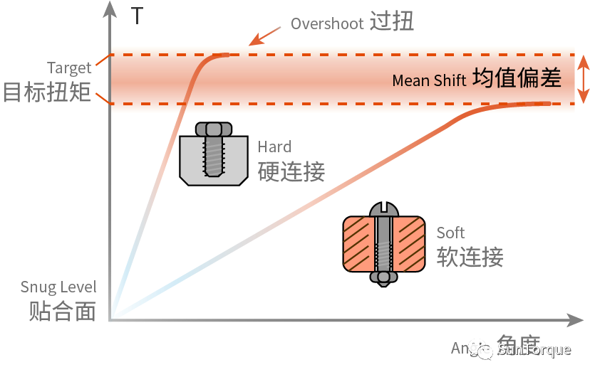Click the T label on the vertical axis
tap(138, 16)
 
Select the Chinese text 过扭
tap(392, 23)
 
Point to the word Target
tap(69, 68)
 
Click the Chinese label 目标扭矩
tap(47, 92)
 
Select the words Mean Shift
tap(429, 80)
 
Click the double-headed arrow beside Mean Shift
tap(583, 80)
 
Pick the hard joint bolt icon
tap(213, 153)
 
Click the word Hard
tap(274, 147)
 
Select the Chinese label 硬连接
tap(291, 171)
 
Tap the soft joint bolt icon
tap(384, 244)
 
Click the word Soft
tap(450, 233)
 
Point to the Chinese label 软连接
tap(470, 256)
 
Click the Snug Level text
tap(58, 288)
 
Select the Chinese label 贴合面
tap(62, 312)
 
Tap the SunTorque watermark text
tap(534, 349)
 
